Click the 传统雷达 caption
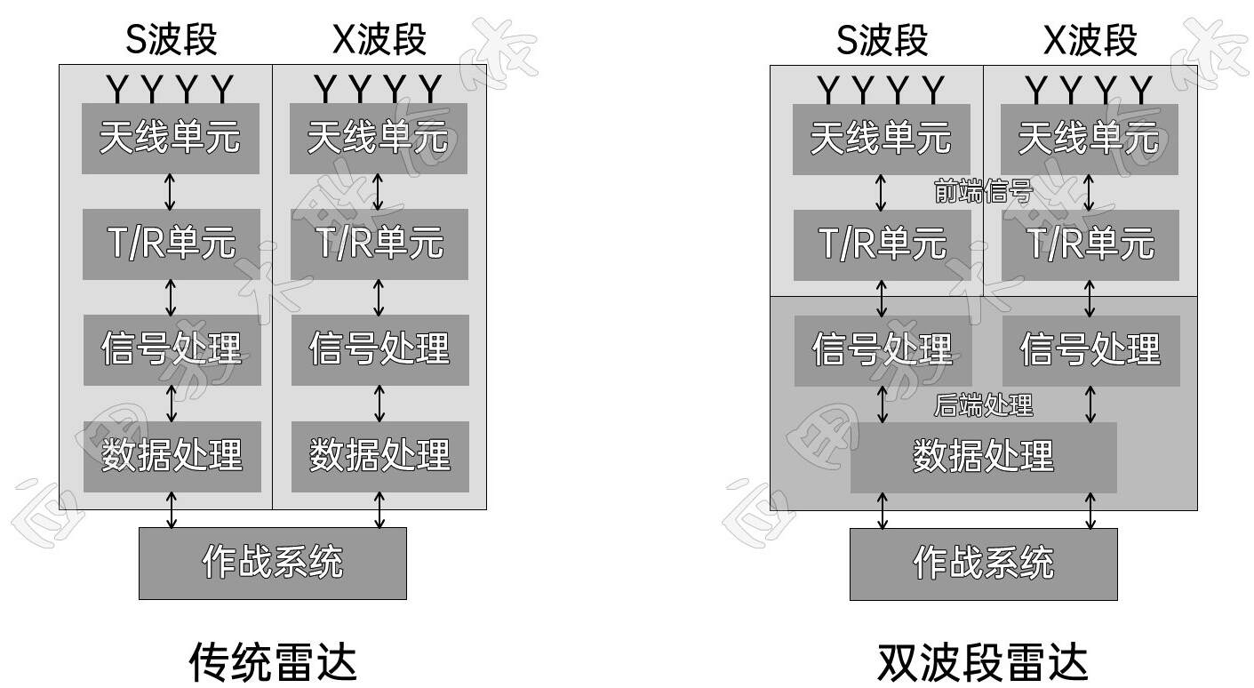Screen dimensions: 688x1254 273,662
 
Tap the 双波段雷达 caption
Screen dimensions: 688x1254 982,662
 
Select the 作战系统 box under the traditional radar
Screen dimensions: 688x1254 273,563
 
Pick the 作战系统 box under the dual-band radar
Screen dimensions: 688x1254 983,564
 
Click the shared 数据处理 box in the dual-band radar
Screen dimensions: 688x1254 983,457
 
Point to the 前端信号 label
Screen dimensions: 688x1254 983,191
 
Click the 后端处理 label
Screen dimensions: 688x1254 983,405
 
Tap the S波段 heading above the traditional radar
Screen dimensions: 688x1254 172,40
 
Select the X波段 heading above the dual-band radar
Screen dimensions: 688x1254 1090,40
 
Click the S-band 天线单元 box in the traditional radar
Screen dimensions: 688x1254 171,139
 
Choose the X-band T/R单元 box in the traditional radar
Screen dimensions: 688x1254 379,244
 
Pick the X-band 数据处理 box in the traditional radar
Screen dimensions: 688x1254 379,456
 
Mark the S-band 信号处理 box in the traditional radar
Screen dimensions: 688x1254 172,349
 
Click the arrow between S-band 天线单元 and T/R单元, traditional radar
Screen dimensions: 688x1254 171,191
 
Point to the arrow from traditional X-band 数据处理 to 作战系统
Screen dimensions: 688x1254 379,509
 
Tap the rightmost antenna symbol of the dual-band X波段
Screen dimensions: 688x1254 1141,89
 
